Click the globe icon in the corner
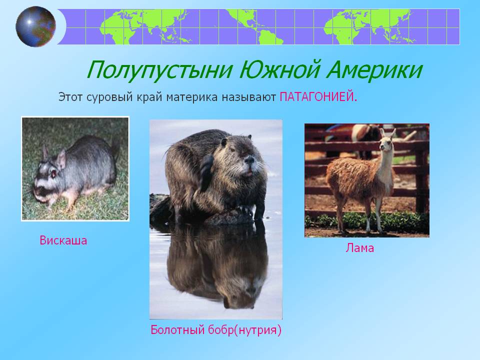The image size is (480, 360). click(x=36, y=26)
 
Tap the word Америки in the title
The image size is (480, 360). click(x=374, y=70)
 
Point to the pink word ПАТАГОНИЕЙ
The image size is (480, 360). click(x=318, y=97)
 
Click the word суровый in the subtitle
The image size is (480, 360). click(x=109, y=97)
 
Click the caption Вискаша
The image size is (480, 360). click(x=63, y=240)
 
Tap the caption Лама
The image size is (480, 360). click(x=359, y=247)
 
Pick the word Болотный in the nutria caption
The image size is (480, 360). click(x=177, y=329)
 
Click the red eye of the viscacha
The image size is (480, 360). click(x=54, y=173)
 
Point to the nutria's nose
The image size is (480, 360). click(x=249, y=159)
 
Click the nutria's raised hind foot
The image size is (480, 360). click(x=205, y=172)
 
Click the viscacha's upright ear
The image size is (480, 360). click(x=61, y=159)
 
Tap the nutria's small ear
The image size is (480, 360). click(x=224, y=141)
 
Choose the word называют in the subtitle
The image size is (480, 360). click(x=248, y=97)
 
